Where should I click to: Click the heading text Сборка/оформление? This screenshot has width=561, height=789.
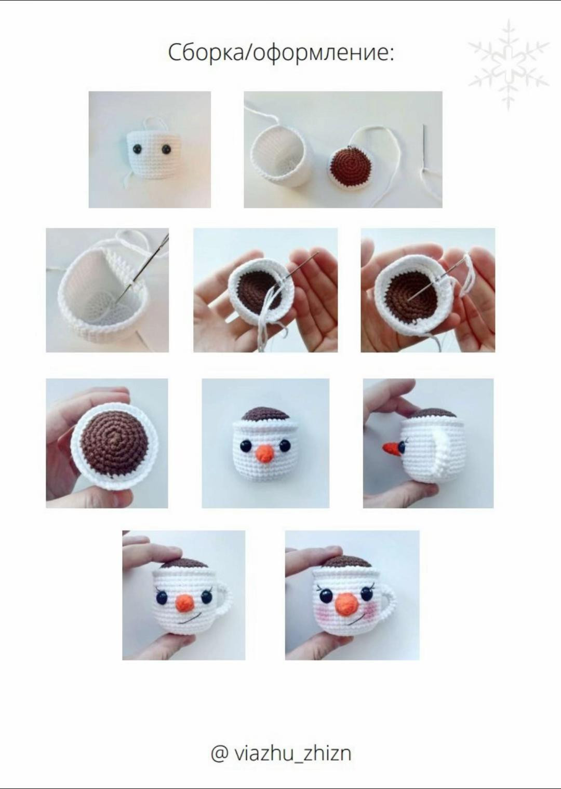[281, 53]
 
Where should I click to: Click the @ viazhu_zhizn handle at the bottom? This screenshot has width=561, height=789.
[281, 751]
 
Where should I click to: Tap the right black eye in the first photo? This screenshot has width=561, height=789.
[165, 149]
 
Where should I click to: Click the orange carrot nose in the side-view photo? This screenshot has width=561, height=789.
[392, 448]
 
